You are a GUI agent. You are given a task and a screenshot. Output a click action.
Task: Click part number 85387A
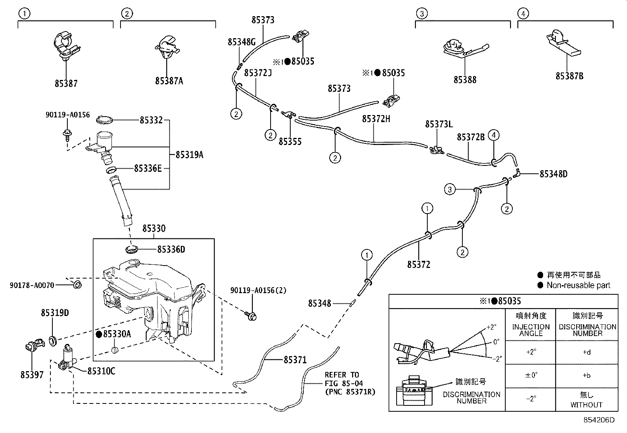(x=169, y=81)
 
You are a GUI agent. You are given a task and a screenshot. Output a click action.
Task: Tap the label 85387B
(x=569, y=76)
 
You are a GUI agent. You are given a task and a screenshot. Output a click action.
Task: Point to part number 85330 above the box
(x=154, y=229)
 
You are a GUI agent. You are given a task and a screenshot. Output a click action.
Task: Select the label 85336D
(x=171, y=249)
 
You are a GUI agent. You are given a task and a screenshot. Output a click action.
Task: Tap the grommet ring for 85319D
(x=52, y=340)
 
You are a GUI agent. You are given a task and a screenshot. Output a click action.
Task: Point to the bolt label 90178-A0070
(x=32, y=285)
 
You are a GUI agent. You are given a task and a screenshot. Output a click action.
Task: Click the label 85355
(x=290, y=141)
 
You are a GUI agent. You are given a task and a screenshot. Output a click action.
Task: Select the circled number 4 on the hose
(x=493, y=136)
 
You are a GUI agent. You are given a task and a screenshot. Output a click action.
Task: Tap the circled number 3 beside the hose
(x=450, y=190)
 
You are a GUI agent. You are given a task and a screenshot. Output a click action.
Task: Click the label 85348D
(x=553, y=174)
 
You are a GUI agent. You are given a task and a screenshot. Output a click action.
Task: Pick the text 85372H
(x=376, y=119)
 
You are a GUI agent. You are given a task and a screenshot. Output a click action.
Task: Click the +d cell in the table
(x=586, y=352)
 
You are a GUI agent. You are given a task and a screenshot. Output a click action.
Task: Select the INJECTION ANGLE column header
(x=531, y=330)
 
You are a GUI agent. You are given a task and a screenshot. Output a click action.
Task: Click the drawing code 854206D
(x=599, y=420)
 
